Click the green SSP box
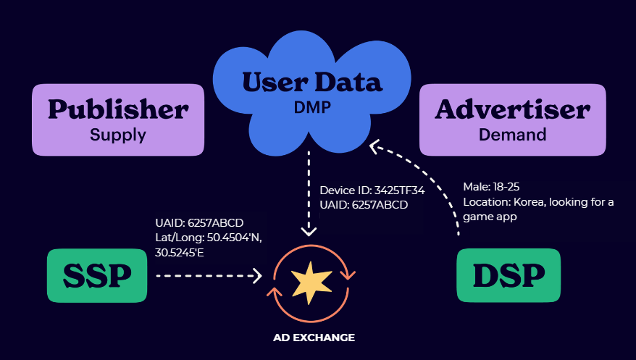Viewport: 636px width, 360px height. tap(97, 275)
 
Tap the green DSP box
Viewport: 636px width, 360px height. tap(509, 275)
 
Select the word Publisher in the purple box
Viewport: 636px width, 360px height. tap(118, 109)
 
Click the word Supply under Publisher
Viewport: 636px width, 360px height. tap(118, 134)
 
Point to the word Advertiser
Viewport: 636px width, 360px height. tap(512, 109)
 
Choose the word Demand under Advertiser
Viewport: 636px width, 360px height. tap(512, 134)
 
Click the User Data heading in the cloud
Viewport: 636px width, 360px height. tap(312, 83)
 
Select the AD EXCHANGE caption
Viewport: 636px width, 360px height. tap(314, 338)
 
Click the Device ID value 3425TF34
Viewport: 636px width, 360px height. tap(398, 191)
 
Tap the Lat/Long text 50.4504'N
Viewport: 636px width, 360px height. tap(236, 237)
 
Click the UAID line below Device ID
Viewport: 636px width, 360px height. tap(364, 205)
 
